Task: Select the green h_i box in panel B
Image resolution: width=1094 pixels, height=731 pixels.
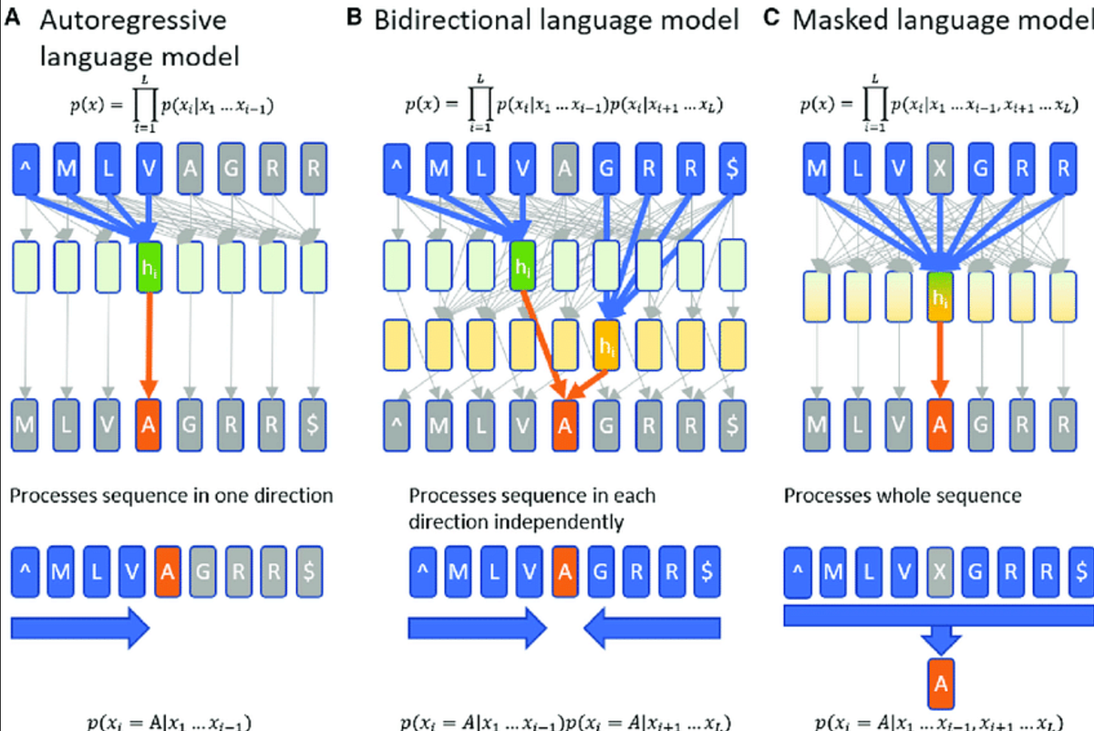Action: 522,266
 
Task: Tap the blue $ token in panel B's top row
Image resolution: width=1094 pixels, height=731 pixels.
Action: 732,169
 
